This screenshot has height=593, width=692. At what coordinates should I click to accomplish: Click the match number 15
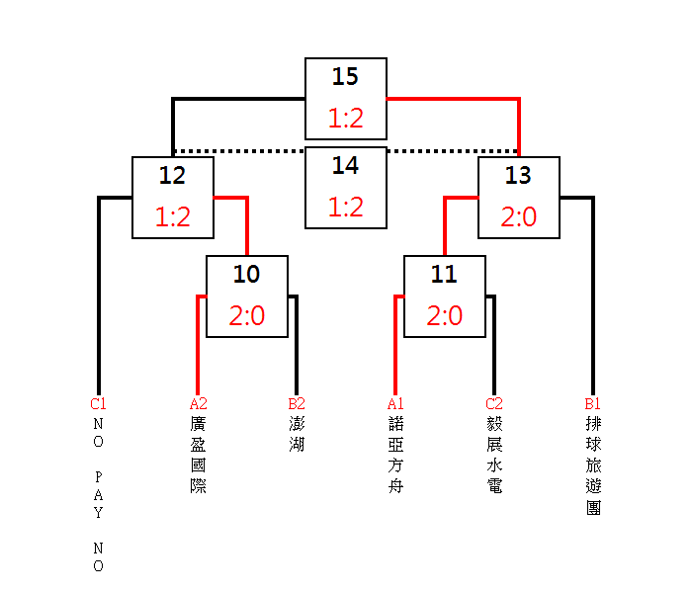point(345,77)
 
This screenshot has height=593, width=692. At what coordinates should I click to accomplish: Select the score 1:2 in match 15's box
point(345,119)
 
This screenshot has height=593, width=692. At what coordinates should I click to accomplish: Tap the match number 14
point(345,166)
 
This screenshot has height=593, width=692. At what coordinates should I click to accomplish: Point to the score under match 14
point(345,208)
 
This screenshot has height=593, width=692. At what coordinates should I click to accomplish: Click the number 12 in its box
point(172,176)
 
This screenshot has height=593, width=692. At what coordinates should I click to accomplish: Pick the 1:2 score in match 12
point(172,217)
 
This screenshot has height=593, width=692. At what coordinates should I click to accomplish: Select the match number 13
point(518,176)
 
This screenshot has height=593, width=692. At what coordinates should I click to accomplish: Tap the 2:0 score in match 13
point(518,217)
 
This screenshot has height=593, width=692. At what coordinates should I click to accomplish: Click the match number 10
point(246,275)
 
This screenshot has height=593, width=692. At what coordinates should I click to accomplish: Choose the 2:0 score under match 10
point(246,316)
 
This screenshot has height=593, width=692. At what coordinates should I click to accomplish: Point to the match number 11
point(444,275)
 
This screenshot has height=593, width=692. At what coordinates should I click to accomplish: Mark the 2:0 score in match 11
point(444,316)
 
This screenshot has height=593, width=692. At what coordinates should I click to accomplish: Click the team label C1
point(98,403)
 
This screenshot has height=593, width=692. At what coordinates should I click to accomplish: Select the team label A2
point(198,403)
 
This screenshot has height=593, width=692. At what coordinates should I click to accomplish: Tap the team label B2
point(296,403)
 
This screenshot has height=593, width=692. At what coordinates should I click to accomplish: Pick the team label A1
point(394,403)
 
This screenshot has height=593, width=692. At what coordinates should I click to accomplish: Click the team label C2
point(493,403)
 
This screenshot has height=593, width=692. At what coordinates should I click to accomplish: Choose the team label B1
point(592,403)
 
